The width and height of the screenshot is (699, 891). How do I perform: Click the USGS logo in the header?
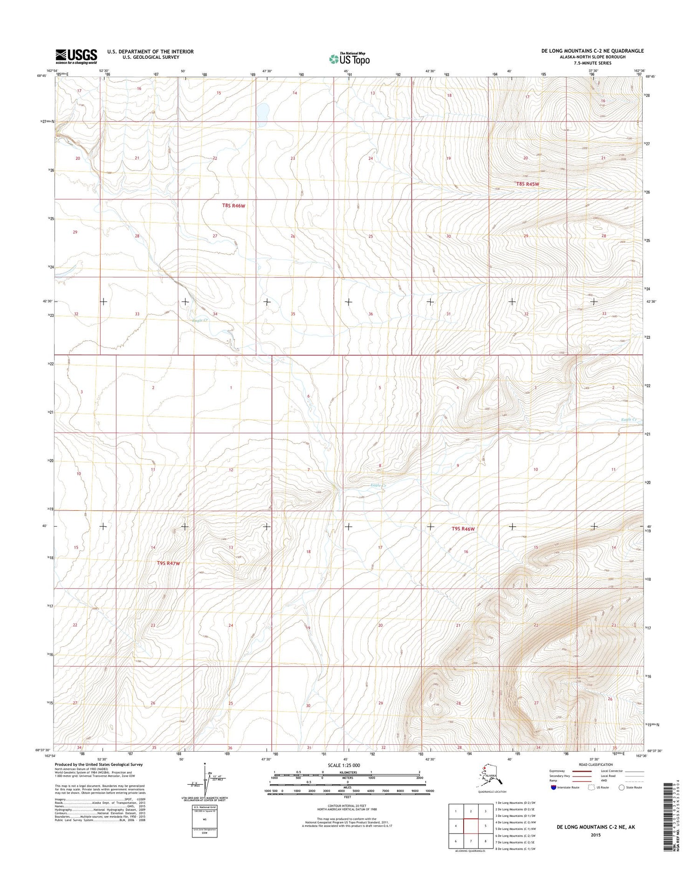76,56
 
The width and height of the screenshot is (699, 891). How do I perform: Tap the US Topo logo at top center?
349,59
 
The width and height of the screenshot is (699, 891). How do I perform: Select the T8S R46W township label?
233,206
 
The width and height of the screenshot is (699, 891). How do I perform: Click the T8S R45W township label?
528,184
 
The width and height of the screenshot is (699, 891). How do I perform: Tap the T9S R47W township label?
168,563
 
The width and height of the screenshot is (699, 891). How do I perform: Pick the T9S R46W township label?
463,529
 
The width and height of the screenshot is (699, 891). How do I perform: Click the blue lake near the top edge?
262,112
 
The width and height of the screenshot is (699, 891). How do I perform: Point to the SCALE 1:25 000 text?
349,766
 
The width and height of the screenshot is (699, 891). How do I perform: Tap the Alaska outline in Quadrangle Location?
489,777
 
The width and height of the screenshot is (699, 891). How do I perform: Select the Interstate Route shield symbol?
553,788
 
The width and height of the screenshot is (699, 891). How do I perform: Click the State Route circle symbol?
621,788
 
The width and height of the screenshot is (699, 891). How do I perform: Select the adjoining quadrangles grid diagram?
471,826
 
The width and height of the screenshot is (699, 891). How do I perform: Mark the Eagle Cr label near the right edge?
629,420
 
